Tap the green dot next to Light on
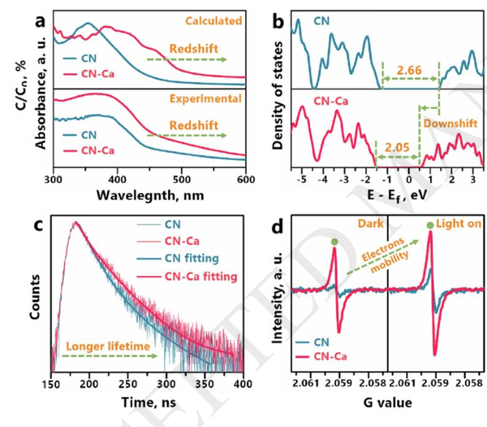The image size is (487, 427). click(x=430, y=227)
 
